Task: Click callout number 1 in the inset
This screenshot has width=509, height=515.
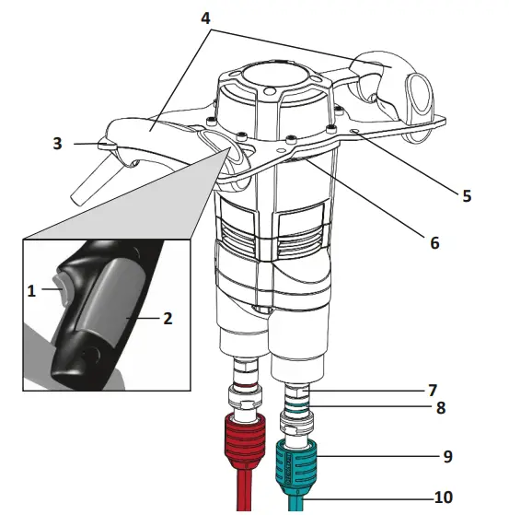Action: pos(31,291)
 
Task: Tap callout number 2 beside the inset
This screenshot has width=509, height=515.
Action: pos(168,318)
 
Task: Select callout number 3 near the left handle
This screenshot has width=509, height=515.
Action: pos(57,144)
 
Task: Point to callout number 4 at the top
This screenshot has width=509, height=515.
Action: pos(205,18)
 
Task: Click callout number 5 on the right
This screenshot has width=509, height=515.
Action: pos(467,195)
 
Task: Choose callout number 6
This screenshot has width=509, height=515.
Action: pos(434,243)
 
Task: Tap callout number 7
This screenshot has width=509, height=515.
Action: pos(433,391)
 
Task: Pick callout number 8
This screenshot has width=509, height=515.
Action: pos(441,407)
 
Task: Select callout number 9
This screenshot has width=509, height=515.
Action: pos(448,456)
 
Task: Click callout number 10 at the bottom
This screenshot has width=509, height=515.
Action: pos(444,497)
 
